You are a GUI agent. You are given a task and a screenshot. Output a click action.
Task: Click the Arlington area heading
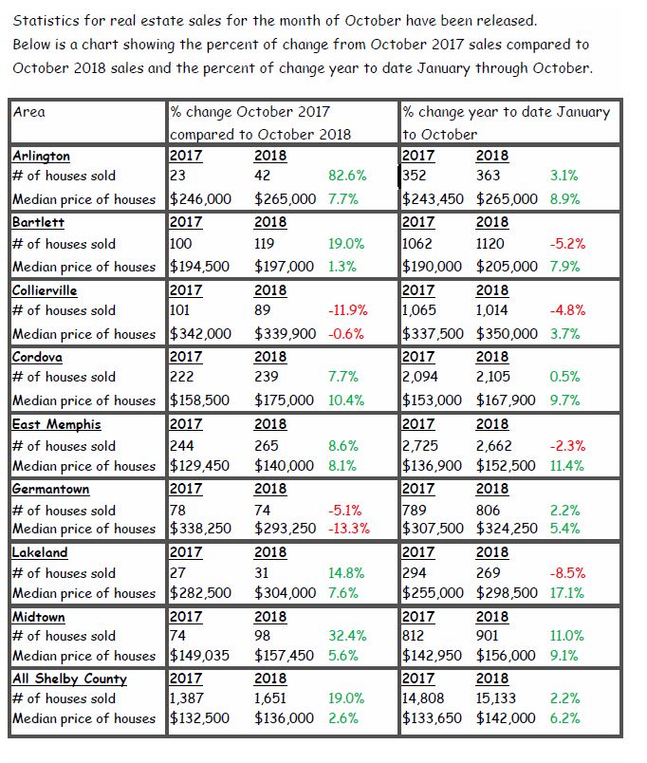42,157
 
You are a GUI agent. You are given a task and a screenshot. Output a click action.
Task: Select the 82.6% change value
347,176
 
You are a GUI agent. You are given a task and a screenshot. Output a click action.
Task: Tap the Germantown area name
51,489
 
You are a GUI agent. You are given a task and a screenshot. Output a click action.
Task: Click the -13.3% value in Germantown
349,529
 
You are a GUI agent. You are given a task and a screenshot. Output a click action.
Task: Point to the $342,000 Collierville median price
200,334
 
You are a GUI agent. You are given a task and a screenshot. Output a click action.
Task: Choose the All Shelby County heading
69,679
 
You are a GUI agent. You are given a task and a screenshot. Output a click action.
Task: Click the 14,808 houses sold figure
423,698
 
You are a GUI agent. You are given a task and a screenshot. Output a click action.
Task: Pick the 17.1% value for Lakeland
566,593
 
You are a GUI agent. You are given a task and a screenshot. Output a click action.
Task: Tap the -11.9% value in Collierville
348,310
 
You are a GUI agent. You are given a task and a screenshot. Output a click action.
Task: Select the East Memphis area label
57,424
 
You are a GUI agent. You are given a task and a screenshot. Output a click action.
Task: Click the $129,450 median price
199,466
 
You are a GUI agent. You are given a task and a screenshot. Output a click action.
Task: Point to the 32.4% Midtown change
347,636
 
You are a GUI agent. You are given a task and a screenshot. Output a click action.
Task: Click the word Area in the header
29,112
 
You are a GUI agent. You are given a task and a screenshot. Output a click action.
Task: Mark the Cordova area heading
37,357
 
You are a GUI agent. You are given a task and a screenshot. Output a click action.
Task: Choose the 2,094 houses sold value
420,377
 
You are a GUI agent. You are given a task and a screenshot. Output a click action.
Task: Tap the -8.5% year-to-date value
567,573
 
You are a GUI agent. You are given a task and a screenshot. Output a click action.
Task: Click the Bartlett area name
39,222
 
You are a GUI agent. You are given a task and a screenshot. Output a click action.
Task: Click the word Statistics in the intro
46,21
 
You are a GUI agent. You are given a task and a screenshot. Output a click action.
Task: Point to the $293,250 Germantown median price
285,529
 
